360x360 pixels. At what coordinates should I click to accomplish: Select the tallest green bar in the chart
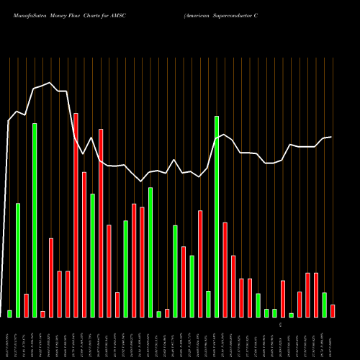point(217,216)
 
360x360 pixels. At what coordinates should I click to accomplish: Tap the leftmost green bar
point(10,313)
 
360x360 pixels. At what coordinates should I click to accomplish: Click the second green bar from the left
point(18,260)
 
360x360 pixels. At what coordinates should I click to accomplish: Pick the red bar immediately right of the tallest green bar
point(225,269)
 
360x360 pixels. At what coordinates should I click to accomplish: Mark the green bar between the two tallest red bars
point(93,255)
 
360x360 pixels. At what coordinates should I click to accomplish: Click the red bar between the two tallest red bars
point(84,244)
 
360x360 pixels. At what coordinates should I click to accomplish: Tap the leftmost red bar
point(27,305)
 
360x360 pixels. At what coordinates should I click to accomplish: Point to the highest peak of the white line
point(49,83)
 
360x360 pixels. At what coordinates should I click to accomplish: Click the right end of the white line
point(331,137)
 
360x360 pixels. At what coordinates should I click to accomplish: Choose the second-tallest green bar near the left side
point(35,220)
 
